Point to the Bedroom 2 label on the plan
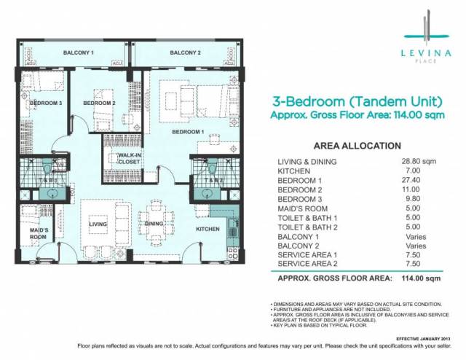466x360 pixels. pos(100,104)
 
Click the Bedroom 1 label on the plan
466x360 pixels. pos(188,133)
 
